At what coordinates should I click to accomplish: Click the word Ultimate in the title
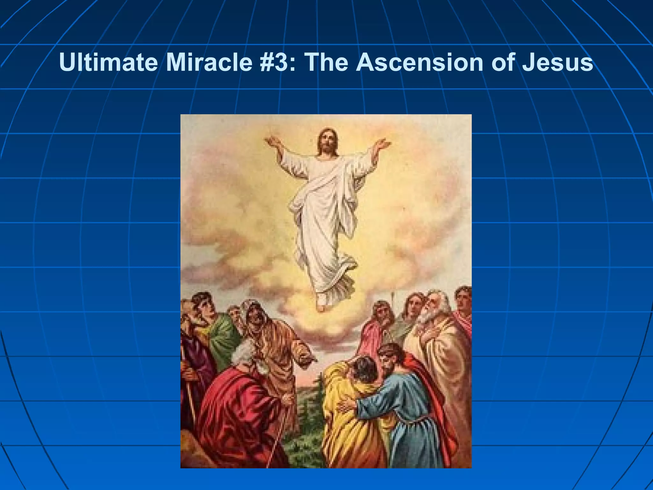pyautogui.click(x=108, y=62)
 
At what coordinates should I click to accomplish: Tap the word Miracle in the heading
pyautogui.click(x=209, y=62)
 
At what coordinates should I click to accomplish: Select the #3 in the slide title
pyautogui.click(x=278, y=62)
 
